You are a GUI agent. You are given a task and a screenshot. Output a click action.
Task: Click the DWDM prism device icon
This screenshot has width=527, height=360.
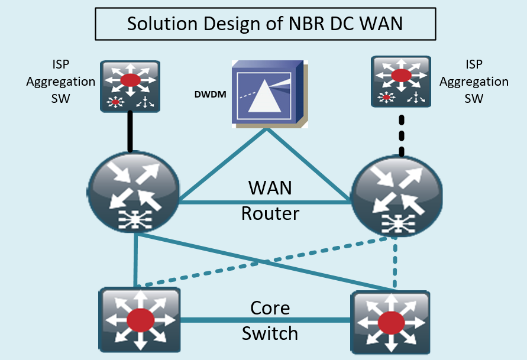coord(270,93)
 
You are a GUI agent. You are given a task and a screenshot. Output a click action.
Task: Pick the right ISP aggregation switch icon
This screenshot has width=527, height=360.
coord(400,81)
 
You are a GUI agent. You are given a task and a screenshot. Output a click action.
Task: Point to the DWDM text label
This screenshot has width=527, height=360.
coord(211,93)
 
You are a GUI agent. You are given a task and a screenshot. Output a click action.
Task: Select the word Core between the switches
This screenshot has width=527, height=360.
coord(270,309)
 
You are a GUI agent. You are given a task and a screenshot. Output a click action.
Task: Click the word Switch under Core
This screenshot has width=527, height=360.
coord(270,333)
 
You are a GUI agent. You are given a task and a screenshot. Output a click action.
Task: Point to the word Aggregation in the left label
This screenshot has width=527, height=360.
coord(61,82)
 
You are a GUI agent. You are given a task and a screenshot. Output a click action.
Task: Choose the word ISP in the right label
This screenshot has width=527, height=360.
coord(474,65)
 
